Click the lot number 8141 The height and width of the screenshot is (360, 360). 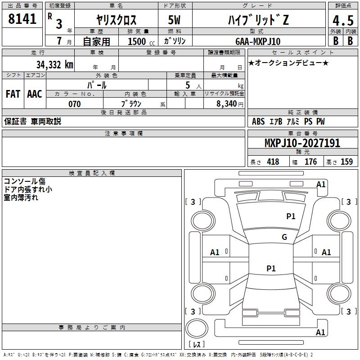click(x=22, y=19)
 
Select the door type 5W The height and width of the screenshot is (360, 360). click(x=175, y=20)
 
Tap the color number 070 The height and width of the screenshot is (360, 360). click(x=75, y=104)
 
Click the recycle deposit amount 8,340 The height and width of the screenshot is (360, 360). click(x=227, y=104)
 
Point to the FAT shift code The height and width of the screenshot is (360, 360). click(x=13, y=94)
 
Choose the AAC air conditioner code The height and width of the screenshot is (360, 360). click(x=35, y=94)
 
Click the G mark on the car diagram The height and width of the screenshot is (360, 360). click(x=284, y=237)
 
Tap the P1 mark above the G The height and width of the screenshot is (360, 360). click(x=291, y=216)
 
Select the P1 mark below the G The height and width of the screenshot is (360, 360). click(x=271, y=269)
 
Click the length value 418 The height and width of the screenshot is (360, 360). click(x=273, y=162)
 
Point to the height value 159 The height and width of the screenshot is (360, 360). click(x=346, y=162)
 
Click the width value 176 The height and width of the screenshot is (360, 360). click(x=311, y=162)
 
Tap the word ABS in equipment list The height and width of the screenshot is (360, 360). click(x=258, y=121)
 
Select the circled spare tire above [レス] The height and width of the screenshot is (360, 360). click(x=196, y=329)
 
